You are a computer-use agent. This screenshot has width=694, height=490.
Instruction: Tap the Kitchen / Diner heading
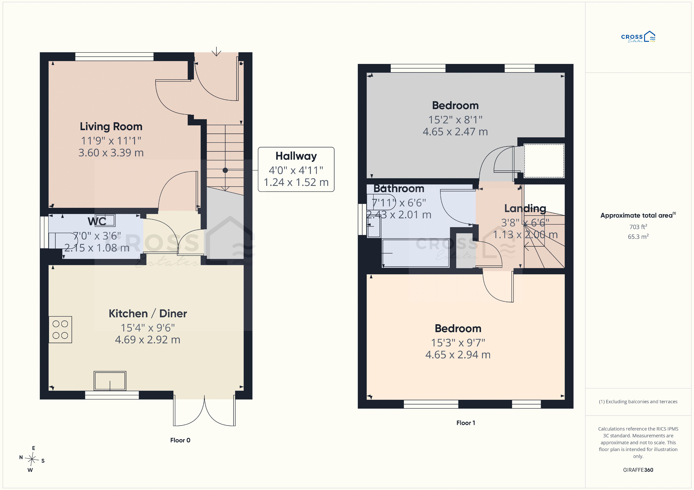click(x=148, y=314)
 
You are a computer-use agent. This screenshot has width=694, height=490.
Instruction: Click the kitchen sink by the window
click(x=110, y=381)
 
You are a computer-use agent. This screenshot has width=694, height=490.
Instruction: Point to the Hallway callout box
click(x=296, y=169)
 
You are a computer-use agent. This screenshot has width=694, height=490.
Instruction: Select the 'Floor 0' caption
click(x=180, y=440)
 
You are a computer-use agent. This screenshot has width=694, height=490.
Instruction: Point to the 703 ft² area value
click(x=638, y=226)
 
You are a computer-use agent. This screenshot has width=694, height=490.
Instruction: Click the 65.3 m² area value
click(x=638, y=236)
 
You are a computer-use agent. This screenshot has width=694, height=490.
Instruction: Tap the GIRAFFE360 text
click(x=638, y=470)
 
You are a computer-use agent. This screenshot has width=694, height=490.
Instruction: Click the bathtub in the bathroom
click(x=416, y=253)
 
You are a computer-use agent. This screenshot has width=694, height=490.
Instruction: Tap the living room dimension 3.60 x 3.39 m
click(x=111, y=153)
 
